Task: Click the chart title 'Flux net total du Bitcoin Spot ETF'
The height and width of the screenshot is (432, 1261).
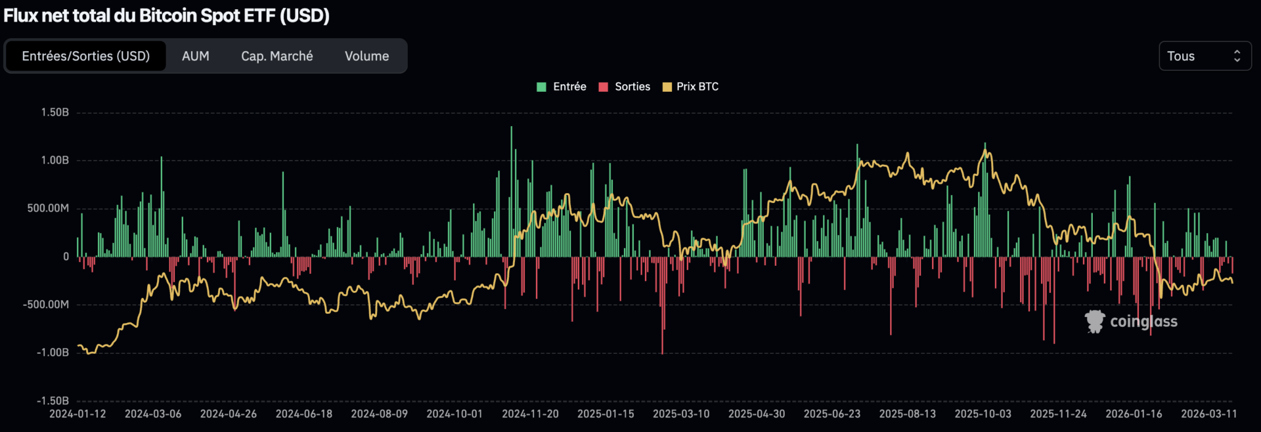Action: [166, 16]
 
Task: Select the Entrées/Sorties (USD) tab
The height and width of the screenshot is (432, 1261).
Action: [86, 56]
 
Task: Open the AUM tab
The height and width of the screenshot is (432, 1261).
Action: [196, 56]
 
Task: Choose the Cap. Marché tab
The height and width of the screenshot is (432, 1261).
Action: [277, 56]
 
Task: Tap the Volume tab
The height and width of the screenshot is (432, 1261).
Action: [366, 56]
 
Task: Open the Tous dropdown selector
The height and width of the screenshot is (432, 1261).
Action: [1205, 56]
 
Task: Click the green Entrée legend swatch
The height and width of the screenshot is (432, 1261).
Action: [542, 87]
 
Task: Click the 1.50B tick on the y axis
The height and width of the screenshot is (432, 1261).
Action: [55, 112]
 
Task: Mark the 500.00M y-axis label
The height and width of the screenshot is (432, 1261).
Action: [48, 208]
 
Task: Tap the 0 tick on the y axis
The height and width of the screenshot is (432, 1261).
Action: [66, 257]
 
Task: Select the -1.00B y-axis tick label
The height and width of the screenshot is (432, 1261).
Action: [53, 353]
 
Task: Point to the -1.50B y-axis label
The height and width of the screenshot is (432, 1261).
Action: [53, 400]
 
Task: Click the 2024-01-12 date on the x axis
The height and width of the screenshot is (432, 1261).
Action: [77, 414]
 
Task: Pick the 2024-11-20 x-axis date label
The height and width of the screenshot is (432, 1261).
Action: [530, 414]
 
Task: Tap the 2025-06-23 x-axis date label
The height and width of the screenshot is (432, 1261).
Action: [831, 414]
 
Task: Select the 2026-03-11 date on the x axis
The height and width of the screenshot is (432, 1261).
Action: [1208, 414]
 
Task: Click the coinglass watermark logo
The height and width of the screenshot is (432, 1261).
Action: [1131, 322]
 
